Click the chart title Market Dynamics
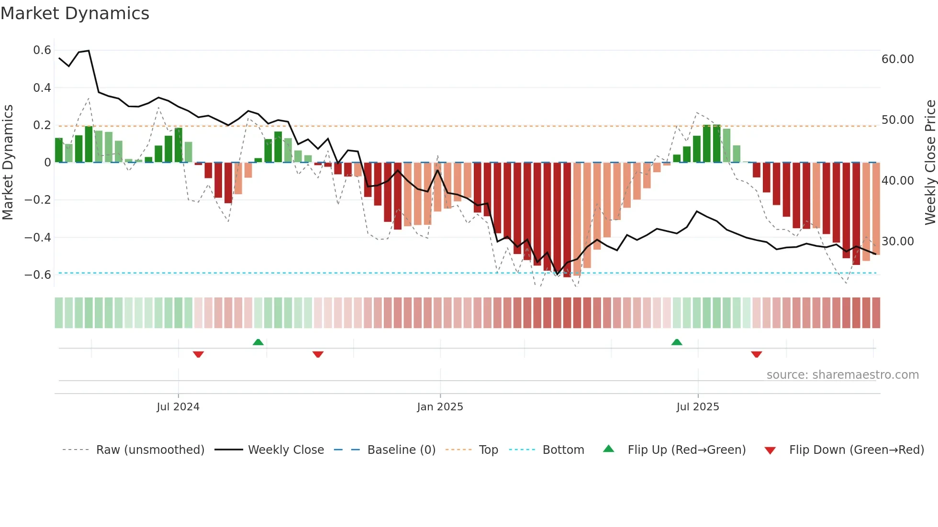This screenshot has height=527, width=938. pyautogui.click(x=75, y=13)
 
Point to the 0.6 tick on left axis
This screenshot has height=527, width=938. pyautogui.click(x=42, y=50)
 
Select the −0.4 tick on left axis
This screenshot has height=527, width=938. pyautogui.click(x=38, y=238)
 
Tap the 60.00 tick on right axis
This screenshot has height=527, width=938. pyautogui.click(x=897, y=59)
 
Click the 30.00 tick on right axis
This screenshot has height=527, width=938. pyautogui.click(x=897, y=242)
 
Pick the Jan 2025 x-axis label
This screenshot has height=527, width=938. pyautogui.click(x=440, y=407)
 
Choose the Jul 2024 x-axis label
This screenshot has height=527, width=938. pyautogui.click(x=178, y=407)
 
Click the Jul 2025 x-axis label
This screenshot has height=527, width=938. pyautogui.click(x=697, y=407)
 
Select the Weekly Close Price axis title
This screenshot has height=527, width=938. pyautogui.click(x=930, y=163)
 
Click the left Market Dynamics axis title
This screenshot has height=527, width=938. pyautogui.click(x=8, y=163)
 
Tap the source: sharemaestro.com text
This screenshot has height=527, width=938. pyautogui.click(x=842, y=375)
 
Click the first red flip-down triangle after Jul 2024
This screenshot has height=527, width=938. pyautogui.click(x=198, y=354)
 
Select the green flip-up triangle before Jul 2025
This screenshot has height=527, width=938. pyautogui.click(x=677, y=342)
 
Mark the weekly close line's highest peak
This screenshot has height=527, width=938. pyautogui.click(x=89, y=51)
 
